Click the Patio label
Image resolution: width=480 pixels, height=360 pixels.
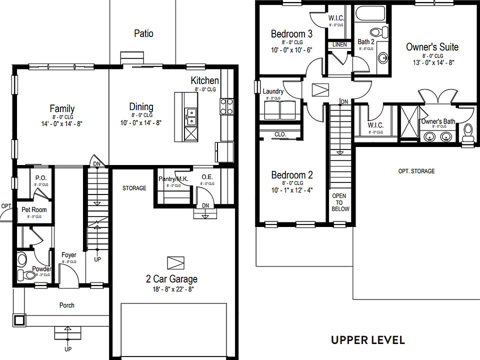click(x=143, y=33)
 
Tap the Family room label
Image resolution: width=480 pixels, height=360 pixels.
click(x=62, y=108)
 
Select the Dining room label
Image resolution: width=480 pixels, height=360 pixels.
click(x=141, y=106)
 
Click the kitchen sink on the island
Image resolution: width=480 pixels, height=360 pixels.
click(x=190, y=117)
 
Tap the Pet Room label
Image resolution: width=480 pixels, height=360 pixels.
click(x=34, y=209)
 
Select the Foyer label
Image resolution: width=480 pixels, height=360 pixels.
click(x=69, y=255)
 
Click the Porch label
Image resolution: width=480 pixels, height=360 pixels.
click(x=67, y=305)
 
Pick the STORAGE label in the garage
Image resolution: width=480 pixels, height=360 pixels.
click(x=134, y=188)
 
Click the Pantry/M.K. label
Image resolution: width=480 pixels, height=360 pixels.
click(x=172, y=179)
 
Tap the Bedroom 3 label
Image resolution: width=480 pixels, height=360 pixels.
click(x=291, y=34)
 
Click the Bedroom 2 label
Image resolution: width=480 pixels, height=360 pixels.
click(x=291, y=175)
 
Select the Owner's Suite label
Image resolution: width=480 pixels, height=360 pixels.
click(x=432, y=47)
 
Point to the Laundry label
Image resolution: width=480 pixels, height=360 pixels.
click(x=273, y=91)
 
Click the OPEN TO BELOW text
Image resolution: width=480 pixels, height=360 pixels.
click(x=339, y=202)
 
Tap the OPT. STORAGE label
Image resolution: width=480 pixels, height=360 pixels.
click(x=416, y=171)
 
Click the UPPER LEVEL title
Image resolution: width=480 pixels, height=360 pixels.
click(x=367, y=340)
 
